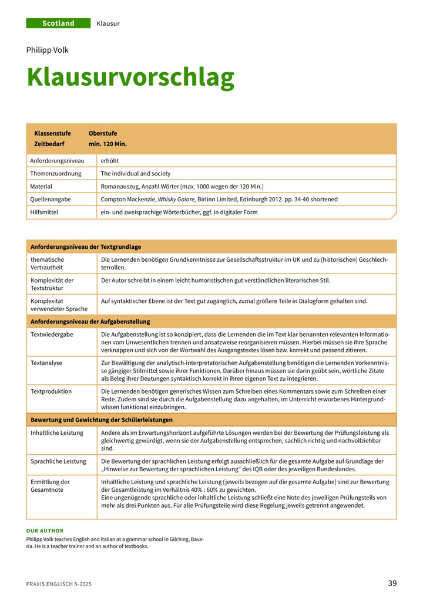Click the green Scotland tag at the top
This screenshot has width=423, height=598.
point(58,23)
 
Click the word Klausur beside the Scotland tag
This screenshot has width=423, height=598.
point(108,23)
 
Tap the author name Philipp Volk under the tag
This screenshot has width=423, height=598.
point(48,50)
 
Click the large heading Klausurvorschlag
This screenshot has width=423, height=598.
point(130,77)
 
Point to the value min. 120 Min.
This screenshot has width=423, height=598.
point(108,143)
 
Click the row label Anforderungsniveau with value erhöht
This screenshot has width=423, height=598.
point(58,160)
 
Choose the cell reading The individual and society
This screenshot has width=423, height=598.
point(136,173)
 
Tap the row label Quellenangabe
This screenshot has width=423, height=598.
point(51,199)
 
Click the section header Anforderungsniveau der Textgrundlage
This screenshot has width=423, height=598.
point(86,246)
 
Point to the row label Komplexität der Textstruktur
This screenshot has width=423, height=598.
point(52,284)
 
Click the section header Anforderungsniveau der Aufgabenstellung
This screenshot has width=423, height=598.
point(90,321)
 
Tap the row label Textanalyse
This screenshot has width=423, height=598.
point(46,363)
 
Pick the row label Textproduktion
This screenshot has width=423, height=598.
point(51,391)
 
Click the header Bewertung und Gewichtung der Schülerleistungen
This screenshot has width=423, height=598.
point(102,420)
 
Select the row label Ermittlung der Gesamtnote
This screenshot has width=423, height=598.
point(50,485)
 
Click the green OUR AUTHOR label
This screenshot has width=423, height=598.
point(45,531)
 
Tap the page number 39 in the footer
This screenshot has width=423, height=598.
point(392,583)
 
